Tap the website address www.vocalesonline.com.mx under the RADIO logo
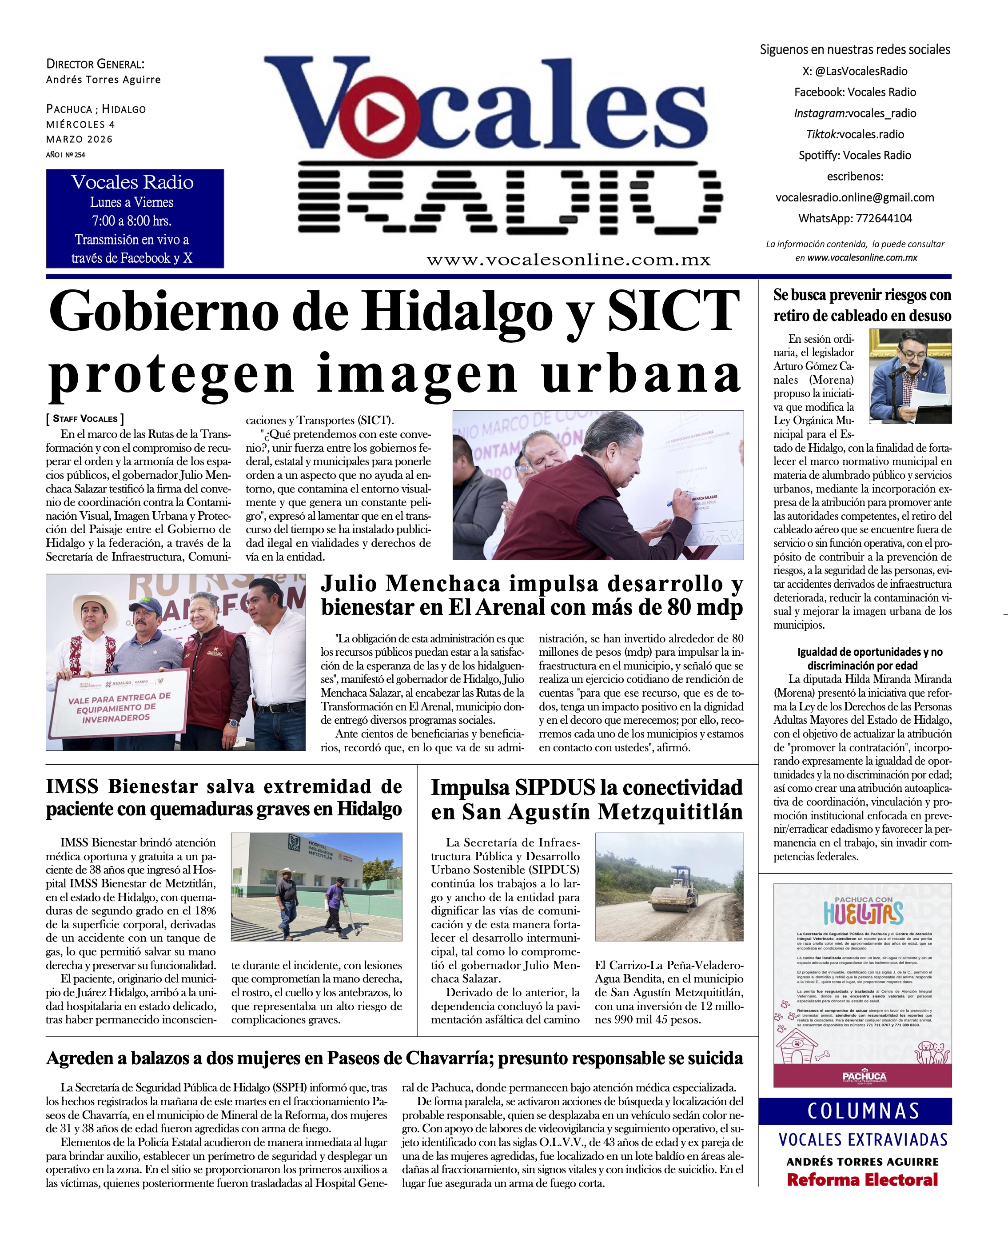pos(569,260)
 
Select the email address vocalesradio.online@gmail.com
pos(855,197)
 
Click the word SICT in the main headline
pos(673,313)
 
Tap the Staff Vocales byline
pos(85,419)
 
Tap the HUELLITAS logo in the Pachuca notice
pos(863,914)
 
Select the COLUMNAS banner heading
pos(863,1111)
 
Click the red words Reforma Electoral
pos(862,1179)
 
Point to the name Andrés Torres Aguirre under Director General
pos(104,80)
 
